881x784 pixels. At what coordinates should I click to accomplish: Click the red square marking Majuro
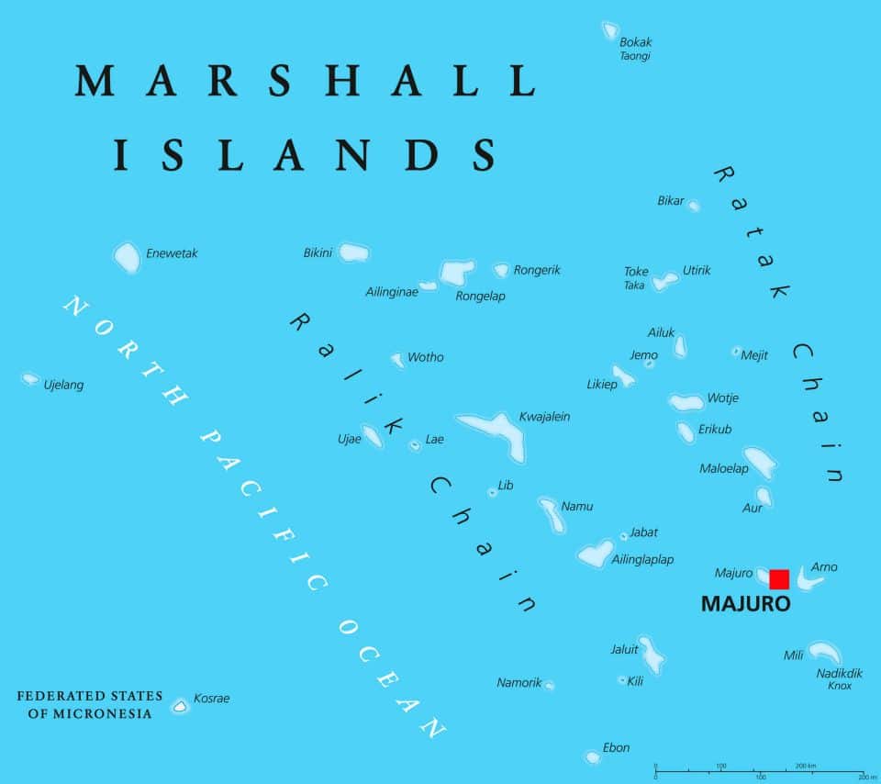coord(779,578)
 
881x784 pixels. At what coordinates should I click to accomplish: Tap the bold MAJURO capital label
coord(745,605)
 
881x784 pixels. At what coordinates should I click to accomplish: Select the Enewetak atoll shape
coord(128,257)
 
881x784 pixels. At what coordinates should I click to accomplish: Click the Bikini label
coord(318,252)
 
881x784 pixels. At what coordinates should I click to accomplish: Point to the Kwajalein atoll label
coord(544,417)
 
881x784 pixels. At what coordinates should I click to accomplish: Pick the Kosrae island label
coord(211,699)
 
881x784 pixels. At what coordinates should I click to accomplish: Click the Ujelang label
coord(63,385)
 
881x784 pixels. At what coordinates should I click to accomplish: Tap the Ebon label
coord(616,747)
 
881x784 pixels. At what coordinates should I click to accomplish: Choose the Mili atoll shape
coord(823,653)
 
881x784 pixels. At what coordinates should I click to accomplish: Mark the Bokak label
coord(635,42)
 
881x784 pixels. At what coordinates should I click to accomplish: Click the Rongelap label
coord(480,296)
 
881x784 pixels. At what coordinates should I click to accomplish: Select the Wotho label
coord(425,357)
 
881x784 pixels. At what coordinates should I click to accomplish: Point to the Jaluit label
coord(624,649)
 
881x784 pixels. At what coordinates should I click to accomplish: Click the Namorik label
coord(519,682)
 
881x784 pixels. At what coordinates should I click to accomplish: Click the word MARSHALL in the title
coord(305,81)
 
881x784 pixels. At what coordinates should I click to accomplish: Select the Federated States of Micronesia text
coord(90,705)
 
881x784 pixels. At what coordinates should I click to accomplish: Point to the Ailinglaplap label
coord(642,559)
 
